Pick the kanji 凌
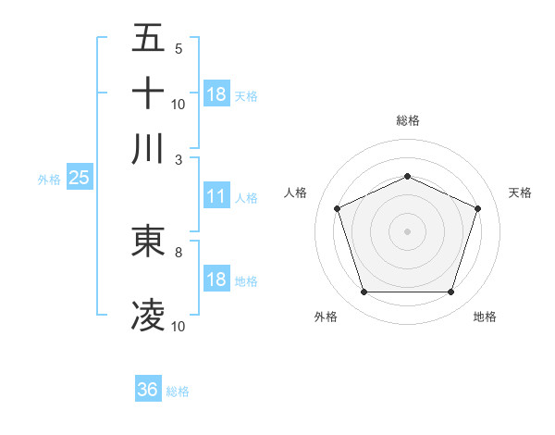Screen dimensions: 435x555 (x=149, y=316)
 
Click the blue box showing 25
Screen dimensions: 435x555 (x=79, y=178)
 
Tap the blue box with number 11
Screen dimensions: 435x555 (x=216, y=196)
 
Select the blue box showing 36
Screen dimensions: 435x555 (x=148, y=390)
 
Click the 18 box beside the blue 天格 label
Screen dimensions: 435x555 (x=216, y=94)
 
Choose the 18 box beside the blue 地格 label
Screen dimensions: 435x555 (x=216, y=280)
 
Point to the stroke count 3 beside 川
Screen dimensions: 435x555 (x=179, y=159)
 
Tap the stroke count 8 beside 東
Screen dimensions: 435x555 (x=179, y=252)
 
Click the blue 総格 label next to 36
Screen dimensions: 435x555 (x=178, y=391)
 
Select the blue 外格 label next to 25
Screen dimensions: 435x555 (x=49, y=180)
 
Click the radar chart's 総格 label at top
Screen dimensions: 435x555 (x=407, y=120)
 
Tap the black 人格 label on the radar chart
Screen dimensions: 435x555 (x=296, y=193)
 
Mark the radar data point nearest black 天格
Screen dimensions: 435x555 (x=478, y=208)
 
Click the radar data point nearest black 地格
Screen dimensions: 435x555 (x=450, y=292)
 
